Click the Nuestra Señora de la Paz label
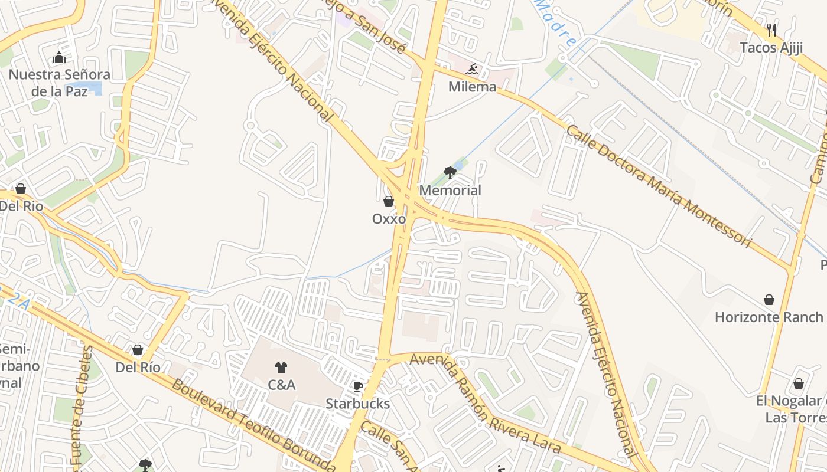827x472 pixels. point(59,83)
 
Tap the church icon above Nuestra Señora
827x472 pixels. point(59,58)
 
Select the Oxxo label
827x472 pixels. point(389,219)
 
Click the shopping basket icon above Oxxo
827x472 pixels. point(389,201)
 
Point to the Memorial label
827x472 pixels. point(450,191)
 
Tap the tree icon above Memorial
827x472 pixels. point(450,173)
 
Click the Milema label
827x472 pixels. point(472,87)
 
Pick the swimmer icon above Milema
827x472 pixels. point(472,70)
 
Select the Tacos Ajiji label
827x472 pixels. point(771,48)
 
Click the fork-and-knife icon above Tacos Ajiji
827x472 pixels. point(771,29)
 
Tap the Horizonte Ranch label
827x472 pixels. point(769,317)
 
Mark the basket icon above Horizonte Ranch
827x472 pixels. point(769,300)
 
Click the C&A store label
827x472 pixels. point(281,385)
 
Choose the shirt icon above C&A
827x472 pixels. point(281,368)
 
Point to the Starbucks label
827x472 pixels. point(358,404)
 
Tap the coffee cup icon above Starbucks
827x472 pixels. point(358,386)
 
